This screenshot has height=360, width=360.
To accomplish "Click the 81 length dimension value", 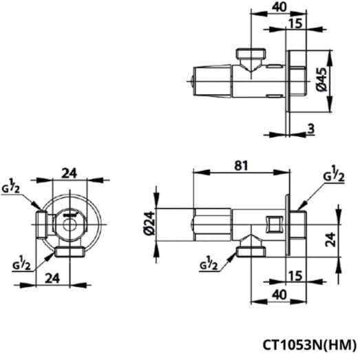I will [x=241, y=166].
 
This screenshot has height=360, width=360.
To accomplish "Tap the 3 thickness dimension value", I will [x=311, y=129].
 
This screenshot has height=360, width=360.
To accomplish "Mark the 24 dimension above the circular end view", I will [x=69, y=173].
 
